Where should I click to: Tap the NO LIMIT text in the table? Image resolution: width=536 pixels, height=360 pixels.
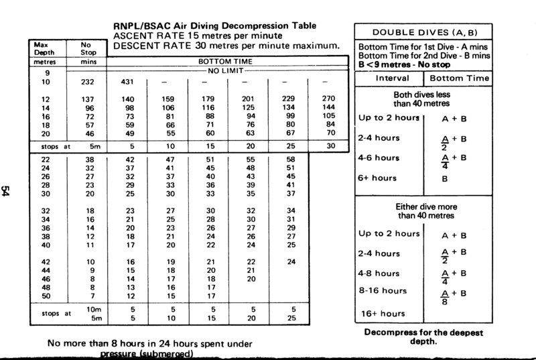point(227,70)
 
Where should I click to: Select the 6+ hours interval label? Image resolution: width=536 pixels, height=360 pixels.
point(377,178)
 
